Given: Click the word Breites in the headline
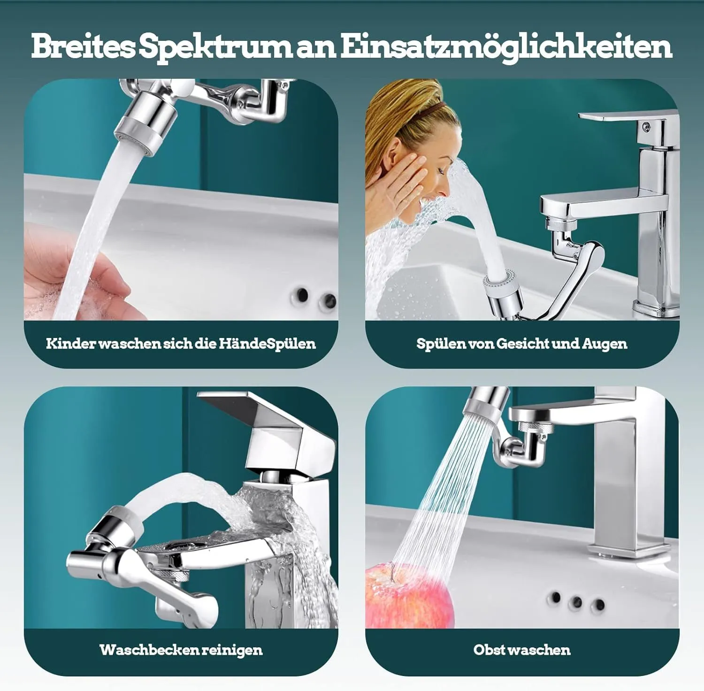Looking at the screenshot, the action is tap(83, 46).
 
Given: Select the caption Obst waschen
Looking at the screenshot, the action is tap(522, 650).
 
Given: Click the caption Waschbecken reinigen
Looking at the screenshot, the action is tap(181, 651).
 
